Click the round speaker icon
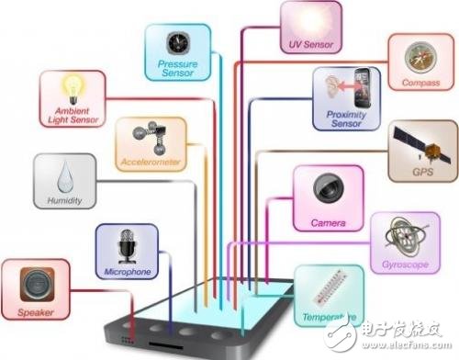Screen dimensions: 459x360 pyautogui.click(x=35, y=285)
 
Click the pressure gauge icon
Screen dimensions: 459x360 pyautogui.click(x=177, y=41)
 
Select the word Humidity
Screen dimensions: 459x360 pyautogui.click(x=66, y=201)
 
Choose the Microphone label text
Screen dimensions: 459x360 pyautogui.click(x=128, y=273)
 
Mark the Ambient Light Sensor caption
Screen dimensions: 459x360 pyautogui.click(x=71, y=113)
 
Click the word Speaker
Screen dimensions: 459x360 pyautogui.click(x=36, y=312)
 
